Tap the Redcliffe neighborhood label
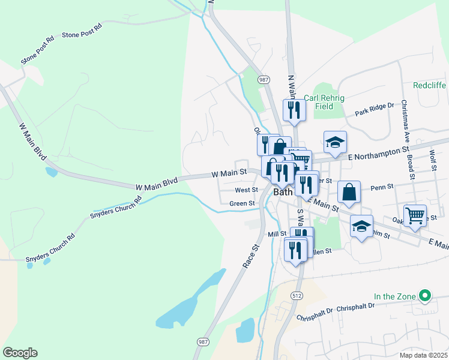tap(429, 86)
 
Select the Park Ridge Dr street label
tap(374, 109)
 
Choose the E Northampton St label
tap(378, 154)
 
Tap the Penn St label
tap(382, 187)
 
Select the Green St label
tap(243, 203)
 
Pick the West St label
tap(246, 190)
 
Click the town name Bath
tap(283, 193)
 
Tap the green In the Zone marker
tap(426, 295)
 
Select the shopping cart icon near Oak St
tap(415, 215)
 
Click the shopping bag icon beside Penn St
tap(349, 192)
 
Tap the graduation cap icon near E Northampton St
tap(335, 142)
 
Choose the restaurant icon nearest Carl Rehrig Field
tap(294, 109)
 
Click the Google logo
tap(20, 353)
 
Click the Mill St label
tap(277, 234)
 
